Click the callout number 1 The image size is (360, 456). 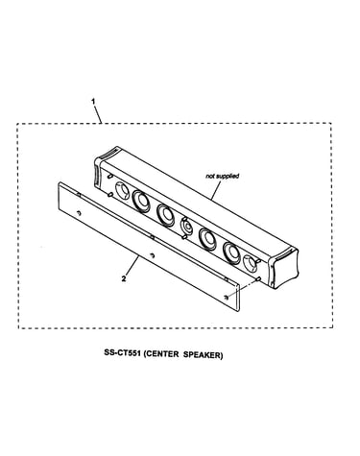point(93,102)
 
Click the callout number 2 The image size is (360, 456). point(124,278)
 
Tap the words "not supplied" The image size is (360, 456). point(223,176)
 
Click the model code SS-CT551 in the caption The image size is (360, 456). point(122,354)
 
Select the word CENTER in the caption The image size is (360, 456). point(162,354)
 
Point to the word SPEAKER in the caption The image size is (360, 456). point(203,354)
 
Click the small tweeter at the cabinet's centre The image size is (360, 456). point(186,226)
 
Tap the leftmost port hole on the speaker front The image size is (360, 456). point(121,190)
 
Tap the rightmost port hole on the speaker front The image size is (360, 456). point(250,263)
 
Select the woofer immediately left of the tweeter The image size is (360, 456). point(165,215)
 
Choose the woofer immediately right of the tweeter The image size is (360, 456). point(207,239)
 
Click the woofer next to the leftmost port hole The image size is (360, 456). point(141,201)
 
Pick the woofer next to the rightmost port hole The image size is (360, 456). point(232,252)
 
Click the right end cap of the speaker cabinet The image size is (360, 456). point(284,269)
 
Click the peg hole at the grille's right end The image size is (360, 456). point(227,297)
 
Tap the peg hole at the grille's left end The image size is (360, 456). point(79,213)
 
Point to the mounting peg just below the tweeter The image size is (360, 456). point(184,237)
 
